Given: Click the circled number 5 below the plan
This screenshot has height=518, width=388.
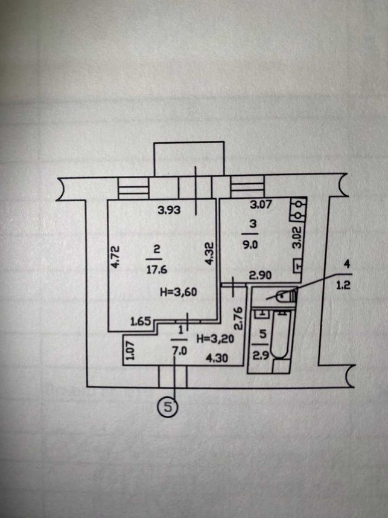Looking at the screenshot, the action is [168, 406].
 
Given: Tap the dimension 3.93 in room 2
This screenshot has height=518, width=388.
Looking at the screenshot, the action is [169, 210].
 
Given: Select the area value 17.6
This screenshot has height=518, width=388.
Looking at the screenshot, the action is [157, 270].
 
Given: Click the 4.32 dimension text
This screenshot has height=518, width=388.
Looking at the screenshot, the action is [210, 253].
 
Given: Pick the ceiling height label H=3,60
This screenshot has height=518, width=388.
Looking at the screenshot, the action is [179, 292].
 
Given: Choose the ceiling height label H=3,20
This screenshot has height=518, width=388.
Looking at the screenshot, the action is [215, 338].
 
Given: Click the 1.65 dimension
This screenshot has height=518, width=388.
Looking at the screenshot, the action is [141, 321].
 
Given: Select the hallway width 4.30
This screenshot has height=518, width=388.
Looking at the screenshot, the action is [217, 358].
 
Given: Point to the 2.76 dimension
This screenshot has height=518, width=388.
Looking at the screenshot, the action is [240, 319].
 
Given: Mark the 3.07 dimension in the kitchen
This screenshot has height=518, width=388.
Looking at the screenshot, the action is [261, 205].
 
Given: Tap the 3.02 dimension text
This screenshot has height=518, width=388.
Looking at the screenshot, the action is [298, 237].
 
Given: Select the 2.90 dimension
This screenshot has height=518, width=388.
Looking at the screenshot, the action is [260, 275].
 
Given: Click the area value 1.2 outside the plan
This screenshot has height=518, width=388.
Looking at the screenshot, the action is [343, 285].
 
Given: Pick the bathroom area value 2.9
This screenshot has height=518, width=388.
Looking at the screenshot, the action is [259, 356].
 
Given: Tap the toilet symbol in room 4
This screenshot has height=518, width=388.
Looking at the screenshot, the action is [286, 295].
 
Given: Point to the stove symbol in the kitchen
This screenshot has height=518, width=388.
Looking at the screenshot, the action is [298, 210].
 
